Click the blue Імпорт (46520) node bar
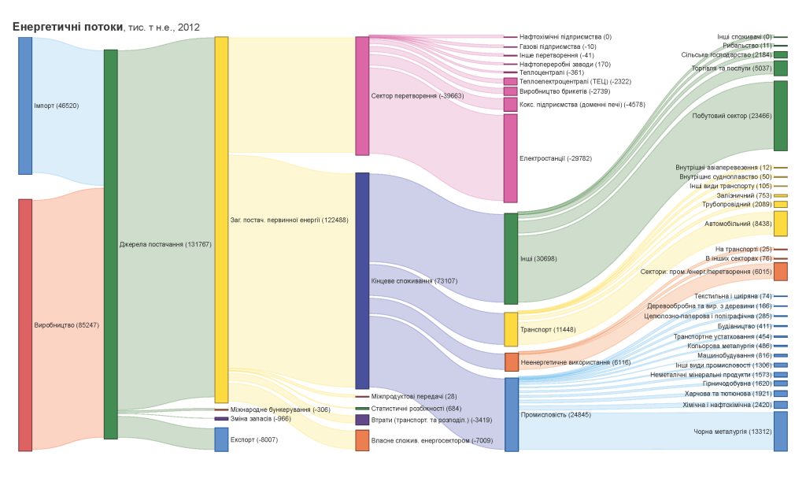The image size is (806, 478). click(x=25, y=106)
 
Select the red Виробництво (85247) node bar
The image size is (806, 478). click(x=25, y=324)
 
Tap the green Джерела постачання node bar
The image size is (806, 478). click(x=111, y=244)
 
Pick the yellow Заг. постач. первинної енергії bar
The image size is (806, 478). click(x=221, y=220)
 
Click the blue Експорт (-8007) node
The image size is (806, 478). click(x=221, y=439)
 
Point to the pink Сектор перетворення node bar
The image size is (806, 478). click(x=362, y=95)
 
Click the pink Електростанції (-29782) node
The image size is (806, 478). click(x=511, y=158)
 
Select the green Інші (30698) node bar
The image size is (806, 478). click(x=511, y=258)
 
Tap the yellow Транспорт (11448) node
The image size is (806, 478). click(x=511, y=329)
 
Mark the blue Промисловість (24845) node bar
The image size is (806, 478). click(x=511, y=414)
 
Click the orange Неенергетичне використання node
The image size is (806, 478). click(x=511, y=362)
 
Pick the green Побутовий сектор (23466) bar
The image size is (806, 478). click(x=780, y=116)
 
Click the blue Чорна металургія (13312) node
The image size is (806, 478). click(x=780, y=431)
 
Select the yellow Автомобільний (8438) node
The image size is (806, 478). click(x=780, y=224)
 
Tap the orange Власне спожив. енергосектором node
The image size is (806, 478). click(x=362, y=440)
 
